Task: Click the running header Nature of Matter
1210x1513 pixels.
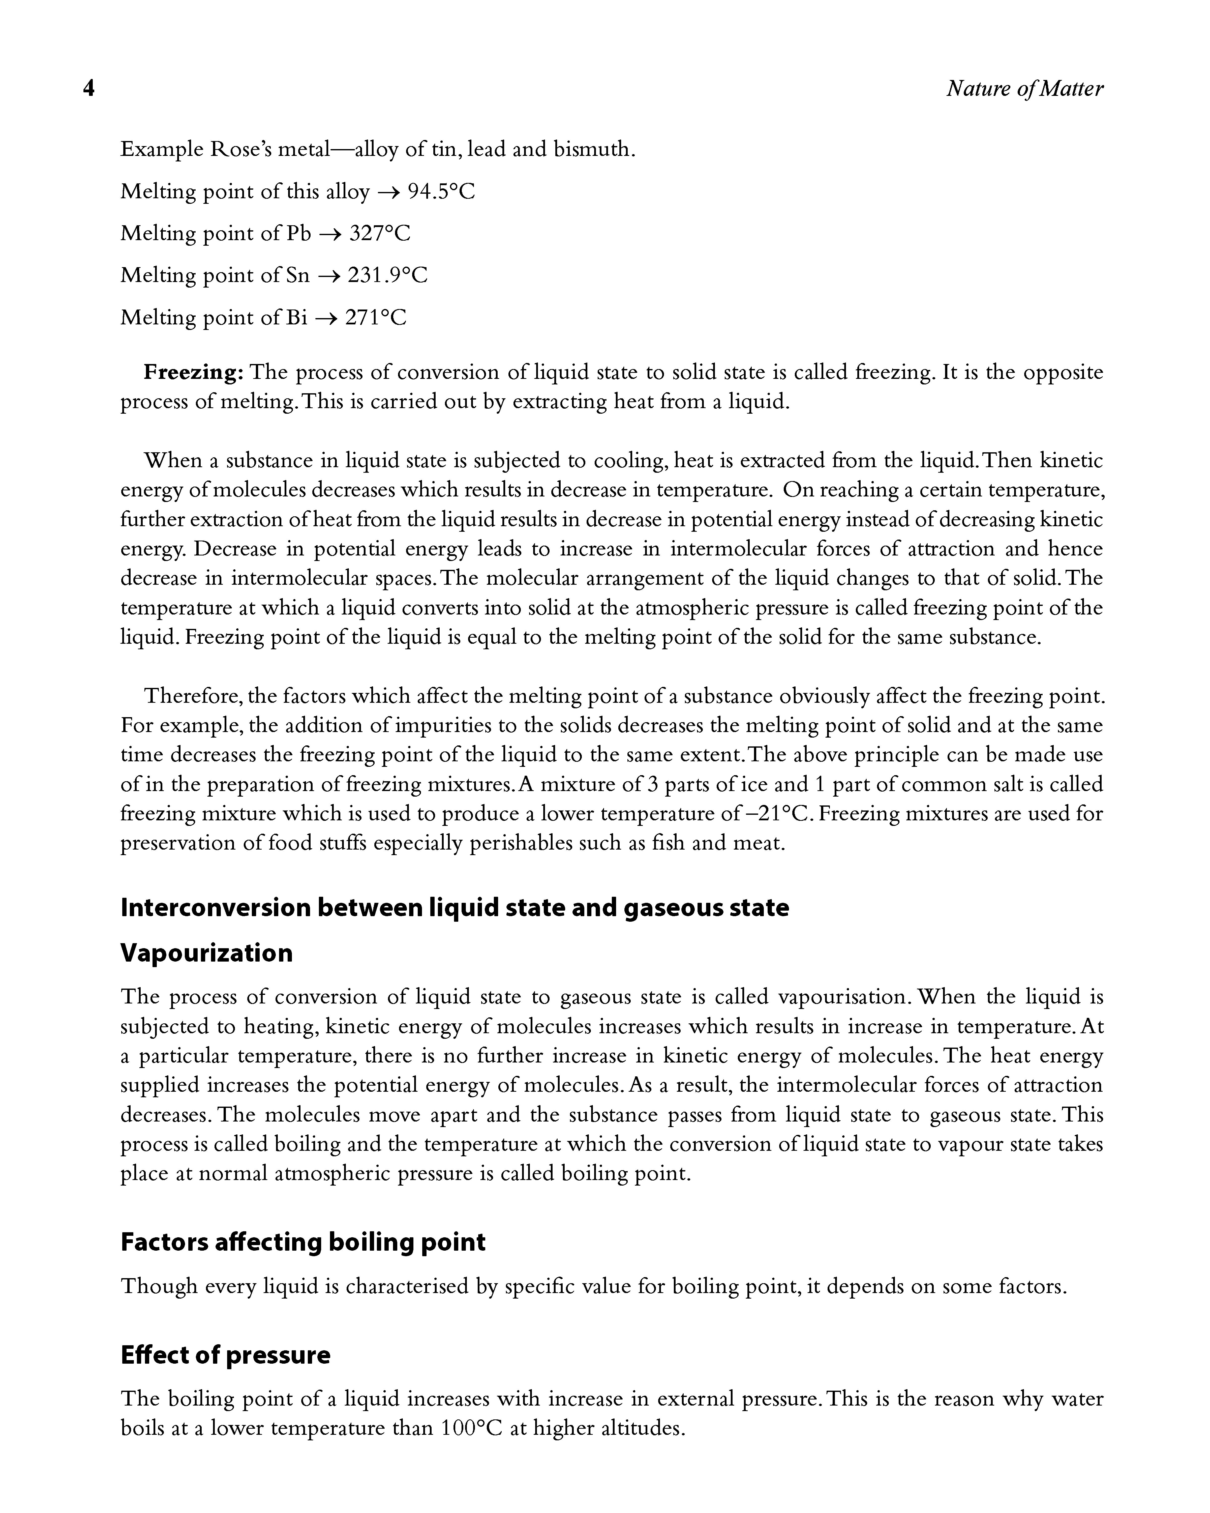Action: coord(1024,89)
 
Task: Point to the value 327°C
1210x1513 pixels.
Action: coord(379,233)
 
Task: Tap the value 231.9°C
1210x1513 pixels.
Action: coord(387,275)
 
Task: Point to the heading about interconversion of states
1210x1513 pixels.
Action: coord(455,907)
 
